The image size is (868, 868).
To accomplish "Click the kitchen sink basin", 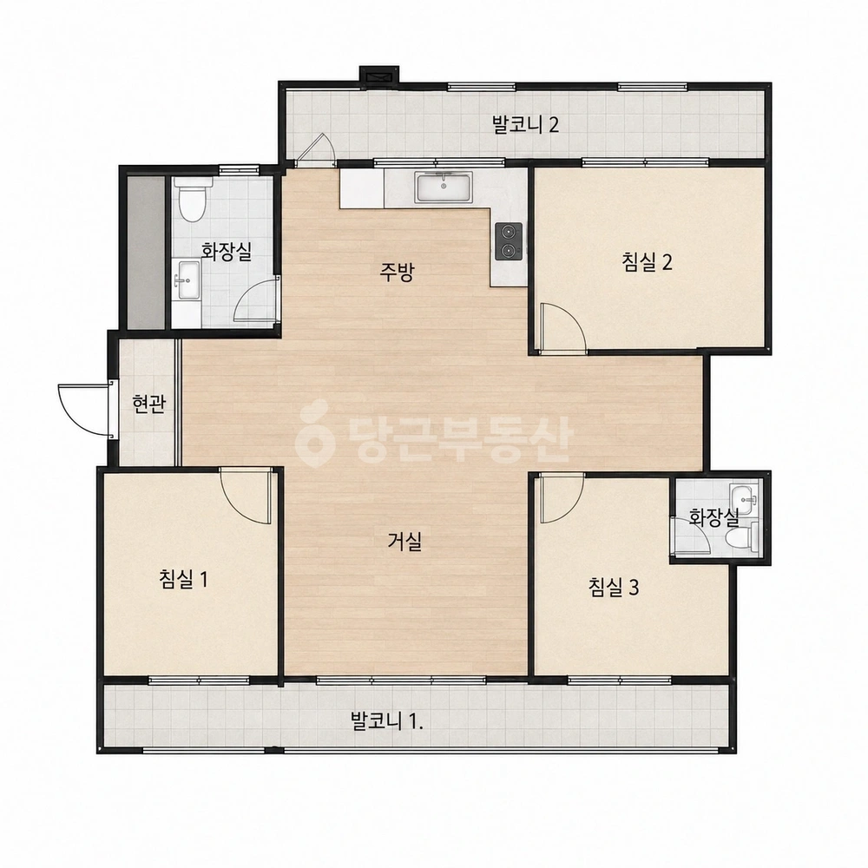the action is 444,187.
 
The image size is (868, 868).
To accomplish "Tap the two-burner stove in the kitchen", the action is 508,241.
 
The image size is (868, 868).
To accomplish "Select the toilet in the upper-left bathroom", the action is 192,200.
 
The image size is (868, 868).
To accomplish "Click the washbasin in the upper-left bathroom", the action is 187,279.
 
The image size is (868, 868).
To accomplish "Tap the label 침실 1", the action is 183,580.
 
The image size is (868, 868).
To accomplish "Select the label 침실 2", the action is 648,261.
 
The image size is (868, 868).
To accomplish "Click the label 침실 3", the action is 614,587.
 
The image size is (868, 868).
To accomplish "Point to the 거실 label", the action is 404,541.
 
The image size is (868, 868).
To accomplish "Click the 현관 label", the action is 149,404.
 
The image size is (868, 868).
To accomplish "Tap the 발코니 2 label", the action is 525,124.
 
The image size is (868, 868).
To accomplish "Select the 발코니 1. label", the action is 387,721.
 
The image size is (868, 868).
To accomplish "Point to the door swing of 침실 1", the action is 247,496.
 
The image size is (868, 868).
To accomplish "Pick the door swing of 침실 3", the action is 562,497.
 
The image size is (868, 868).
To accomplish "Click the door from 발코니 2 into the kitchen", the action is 315,149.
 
